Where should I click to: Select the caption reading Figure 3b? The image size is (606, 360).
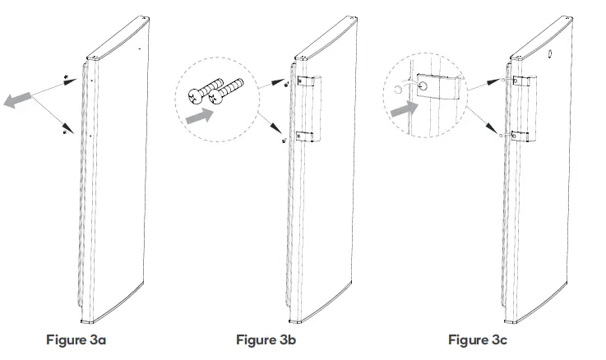pyautogui.click(x=267, y=339)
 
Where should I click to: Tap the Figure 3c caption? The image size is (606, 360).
pyautogui.click(x=479, y=339)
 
